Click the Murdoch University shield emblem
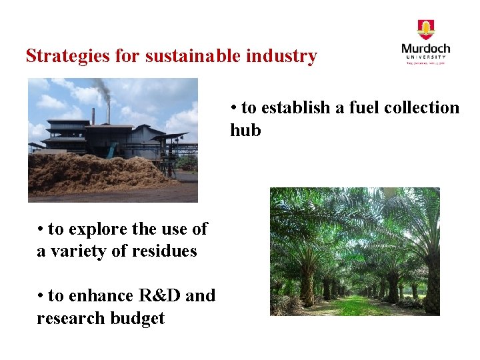[x=425, y=29]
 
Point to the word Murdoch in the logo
[x=425, y=49]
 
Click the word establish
[x=289, y=107]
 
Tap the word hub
[x=245, y=130]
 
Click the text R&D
[x=159, y=295]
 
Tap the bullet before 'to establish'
[x=234, y=108]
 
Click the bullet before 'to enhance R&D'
[x=41, y=296]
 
